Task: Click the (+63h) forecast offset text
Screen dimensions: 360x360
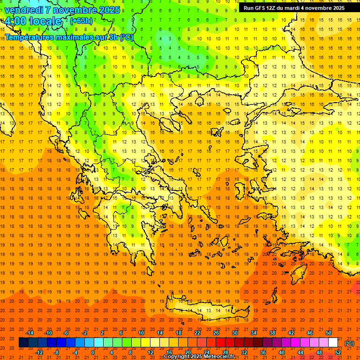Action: [x=81, y=21]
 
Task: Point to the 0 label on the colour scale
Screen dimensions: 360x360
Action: [x=93, y=352]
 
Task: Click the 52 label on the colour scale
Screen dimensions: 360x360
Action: [x=337, y=352]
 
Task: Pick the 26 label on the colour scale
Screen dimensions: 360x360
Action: [x=216, y=333]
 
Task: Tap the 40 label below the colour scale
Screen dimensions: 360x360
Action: [x=281, y=352]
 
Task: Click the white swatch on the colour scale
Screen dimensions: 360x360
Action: [x=333, y=343]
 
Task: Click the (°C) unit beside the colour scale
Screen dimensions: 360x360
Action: [x=349, y=343]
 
